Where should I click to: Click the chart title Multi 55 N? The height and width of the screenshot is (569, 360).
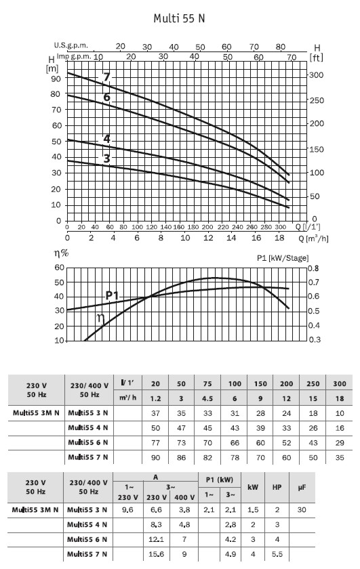click(x=179, y=18)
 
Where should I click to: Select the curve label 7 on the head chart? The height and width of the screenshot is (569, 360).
click(x=106, y=77)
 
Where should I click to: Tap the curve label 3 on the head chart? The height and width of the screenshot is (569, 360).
click(x=106, y=159)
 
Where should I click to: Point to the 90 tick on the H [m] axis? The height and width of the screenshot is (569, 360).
click(x=56, y=78)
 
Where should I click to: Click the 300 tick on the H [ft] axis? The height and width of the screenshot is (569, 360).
click(x=317, y=75)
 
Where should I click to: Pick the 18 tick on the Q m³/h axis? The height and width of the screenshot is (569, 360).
click(x=279, y=238)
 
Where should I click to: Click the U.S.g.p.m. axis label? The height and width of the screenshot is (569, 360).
click(x=71, y=45)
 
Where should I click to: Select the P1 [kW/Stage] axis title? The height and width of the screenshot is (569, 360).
click(x=283, y=258)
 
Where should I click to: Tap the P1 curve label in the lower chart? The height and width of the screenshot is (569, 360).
click(x=113, y=295)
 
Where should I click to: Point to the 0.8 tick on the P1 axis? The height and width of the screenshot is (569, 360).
click(x=313, y=268)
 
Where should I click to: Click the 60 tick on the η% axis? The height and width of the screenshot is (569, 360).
click(x=59, y=268)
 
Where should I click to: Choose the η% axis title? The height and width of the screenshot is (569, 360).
click(x=62, y=253)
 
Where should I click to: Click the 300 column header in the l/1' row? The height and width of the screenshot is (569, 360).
click(x=340, y=383)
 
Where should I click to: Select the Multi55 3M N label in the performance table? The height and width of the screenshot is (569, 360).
click(x=36, y=413)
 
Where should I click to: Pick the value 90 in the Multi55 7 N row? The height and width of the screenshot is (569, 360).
click(x=155, y=458)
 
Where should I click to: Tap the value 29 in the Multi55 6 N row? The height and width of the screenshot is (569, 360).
click(x=340, y=443)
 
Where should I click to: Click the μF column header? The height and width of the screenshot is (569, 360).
click(x=302, y=487)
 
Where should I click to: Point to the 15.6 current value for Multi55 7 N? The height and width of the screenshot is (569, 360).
click(x=156, y=554)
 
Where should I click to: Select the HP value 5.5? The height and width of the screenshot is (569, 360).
click(x=277, y=554)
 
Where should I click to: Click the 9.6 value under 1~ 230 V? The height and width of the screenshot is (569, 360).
click(x=128, y=510)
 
